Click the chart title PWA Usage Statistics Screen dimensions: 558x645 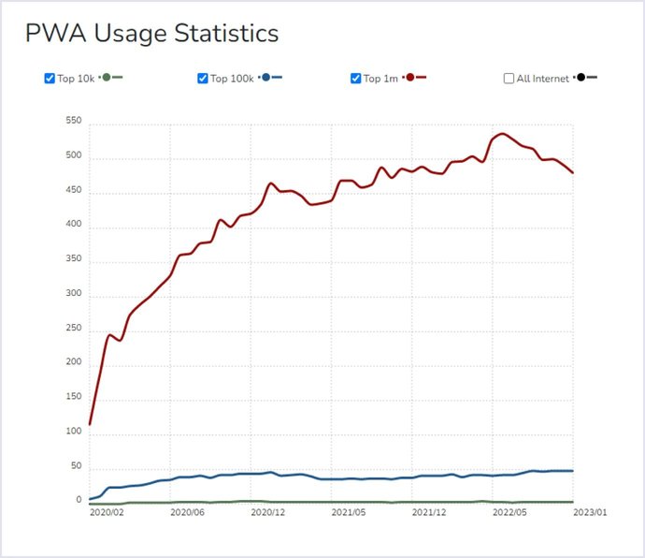[x=151, y=34]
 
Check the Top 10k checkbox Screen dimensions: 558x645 [x=50, y=79]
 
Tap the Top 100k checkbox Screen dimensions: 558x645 [x=203, y=79]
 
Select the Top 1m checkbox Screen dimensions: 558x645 [x=356, y=79]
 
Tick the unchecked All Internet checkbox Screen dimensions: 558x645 [x=509, y=79]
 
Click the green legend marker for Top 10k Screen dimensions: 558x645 [x=107, y=78]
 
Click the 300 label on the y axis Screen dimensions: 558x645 [x=74, y=294]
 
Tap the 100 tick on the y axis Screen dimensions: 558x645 [x=74, y=432]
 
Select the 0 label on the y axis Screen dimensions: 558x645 [x=79, y=500]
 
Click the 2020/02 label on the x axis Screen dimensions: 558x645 [x=107, y=513]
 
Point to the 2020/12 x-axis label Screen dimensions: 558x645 [x=268, y=513]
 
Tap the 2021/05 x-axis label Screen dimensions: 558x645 [x=349, y=513]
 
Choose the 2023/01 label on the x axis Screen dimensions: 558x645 [x=590, y=513]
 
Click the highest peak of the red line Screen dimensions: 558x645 [x=503, y=134]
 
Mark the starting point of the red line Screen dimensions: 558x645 [x=90, y=424]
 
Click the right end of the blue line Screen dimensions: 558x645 [x=572, y=471]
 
